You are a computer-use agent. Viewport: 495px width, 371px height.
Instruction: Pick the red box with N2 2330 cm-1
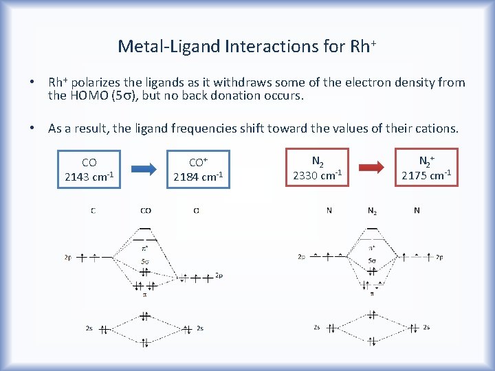point(318,168)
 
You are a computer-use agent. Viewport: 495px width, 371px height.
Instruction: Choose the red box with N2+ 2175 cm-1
point(426,168)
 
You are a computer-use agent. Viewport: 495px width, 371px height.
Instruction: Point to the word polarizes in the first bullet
point(99,82)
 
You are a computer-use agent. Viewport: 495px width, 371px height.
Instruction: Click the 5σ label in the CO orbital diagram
point(145,260)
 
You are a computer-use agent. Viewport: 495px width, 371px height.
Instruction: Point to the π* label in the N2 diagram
point(372,248)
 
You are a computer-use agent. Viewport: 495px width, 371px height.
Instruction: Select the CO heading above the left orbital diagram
point(146,211)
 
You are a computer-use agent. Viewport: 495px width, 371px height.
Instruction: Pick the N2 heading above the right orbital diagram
point(372,211)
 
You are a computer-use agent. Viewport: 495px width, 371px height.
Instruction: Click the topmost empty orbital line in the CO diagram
point(145,228)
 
